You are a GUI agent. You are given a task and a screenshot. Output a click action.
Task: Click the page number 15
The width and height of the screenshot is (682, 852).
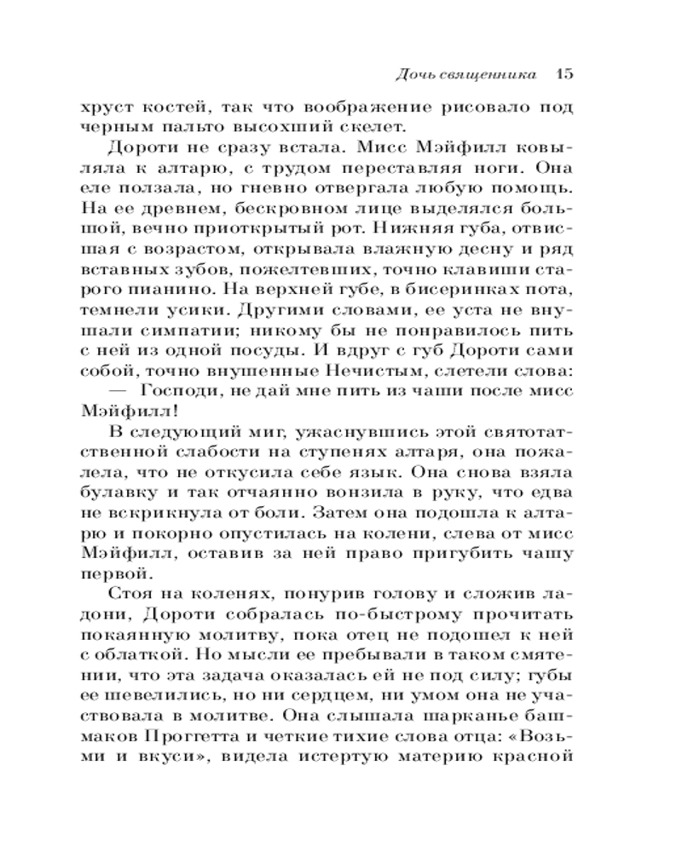pos(560,74)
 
